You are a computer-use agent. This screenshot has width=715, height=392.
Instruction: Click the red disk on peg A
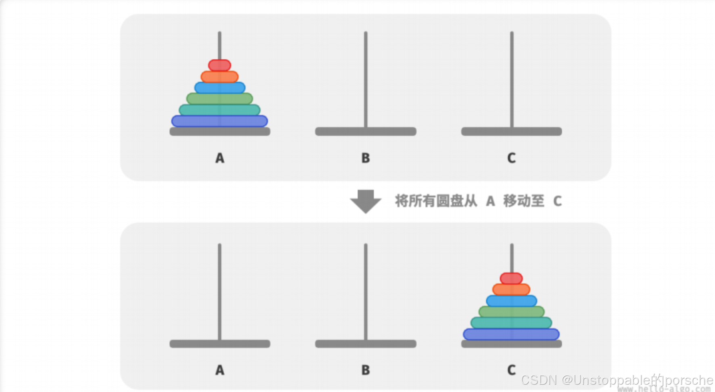click(x=220, y=65)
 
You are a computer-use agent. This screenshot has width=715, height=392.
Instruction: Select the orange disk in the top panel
click(x=220, y=77)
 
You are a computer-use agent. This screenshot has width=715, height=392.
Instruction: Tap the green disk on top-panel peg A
click(x=220, y=99)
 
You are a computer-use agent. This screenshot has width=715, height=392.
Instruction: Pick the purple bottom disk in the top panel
click(x=220, y=121)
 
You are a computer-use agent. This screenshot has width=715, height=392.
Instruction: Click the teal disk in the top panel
click(x=220, y=110)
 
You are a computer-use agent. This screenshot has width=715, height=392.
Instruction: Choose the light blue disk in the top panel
click(x=220, y=88)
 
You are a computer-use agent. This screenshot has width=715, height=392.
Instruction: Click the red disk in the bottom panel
click(x=511, y=278)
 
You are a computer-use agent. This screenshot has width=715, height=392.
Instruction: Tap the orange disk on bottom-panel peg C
click(x=511, y=289)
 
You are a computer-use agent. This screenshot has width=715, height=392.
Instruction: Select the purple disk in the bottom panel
click(x=511, y=334)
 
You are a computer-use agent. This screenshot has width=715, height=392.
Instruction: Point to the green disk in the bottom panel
click(x=511, y=311)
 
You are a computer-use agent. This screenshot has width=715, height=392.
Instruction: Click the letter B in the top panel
click(x=365, y=158)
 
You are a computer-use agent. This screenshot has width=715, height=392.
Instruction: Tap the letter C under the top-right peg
click(x=511, y=158)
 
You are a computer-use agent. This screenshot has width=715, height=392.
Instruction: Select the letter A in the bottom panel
click(x=220, y=370)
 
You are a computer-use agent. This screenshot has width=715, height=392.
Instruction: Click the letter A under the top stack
click(x=220, y=158)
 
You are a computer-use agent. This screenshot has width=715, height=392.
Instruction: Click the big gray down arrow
click(x=365, y=201)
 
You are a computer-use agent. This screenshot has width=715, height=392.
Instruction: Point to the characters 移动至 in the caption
click(x=524, y=201)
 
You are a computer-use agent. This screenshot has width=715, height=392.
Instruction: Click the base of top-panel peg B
click(x=365, y=131)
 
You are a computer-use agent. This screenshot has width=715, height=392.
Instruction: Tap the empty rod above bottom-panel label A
click(x=220, y=290)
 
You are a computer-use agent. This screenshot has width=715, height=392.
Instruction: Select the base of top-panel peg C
click(x=511, y=131)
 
